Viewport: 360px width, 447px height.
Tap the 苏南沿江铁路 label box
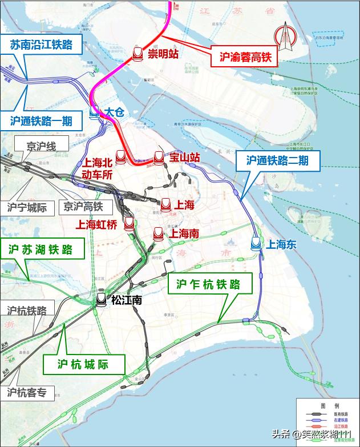[x=41, y=45]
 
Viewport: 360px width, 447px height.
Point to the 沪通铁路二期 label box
[x=278, y=161]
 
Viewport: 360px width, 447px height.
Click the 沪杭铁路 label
[x=27, y=311]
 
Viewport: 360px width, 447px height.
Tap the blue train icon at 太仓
[x=95, y=114]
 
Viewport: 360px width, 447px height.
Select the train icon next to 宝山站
[x=159, y=157]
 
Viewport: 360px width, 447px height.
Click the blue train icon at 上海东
[x=256, y=244]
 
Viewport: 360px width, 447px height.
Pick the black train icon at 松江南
[x=102, y=299]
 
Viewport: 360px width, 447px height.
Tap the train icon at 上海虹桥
[x=129, y=224]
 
